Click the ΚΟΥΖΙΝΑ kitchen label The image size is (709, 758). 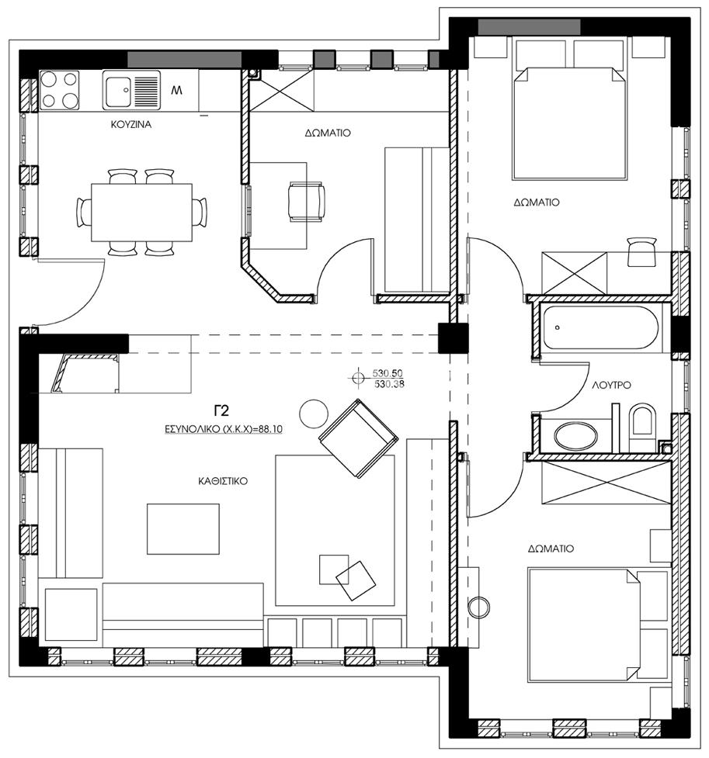click(131, 125)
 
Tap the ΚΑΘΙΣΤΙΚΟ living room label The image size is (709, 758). click(223, 481)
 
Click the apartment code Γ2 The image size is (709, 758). click(221, 410)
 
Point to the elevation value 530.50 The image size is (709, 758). click(388, 373)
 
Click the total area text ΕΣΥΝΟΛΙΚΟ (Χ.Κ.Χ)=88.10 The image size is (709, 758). click(224, 429)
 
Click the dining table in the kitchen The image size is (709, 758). click(142, 213)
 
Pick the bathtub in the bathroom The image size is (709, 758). click(600, 327)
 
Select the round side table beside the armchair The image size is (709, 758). click(314, 414)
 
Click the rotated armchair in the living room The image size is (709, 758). click(359, 438)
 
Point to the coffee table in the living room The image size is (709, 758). click(183, 529)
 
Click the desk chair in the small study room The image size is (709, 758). click(306, 202)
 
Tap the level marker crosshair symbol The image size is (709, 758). click(358, 378)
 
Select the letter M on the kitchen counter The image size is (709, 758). click(177, 90)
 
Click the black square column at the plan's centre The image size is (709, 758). click(454, 338)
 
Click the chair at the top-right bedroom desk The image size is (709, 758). click(641, 251)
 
